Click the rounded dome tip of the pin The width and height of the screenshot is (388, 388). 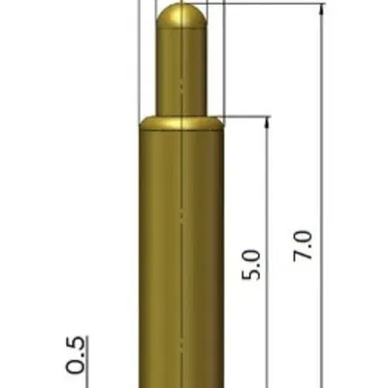[181, 16]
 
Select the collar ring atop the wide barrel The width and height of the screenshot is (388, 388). [181, 122]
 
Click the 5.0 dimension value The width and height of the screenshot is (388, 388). [250, 265]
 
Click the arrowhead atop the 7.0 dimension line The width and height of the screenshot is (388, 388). [320, 9]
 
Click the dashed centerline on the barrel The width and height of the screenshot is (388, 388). [181, 213]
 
